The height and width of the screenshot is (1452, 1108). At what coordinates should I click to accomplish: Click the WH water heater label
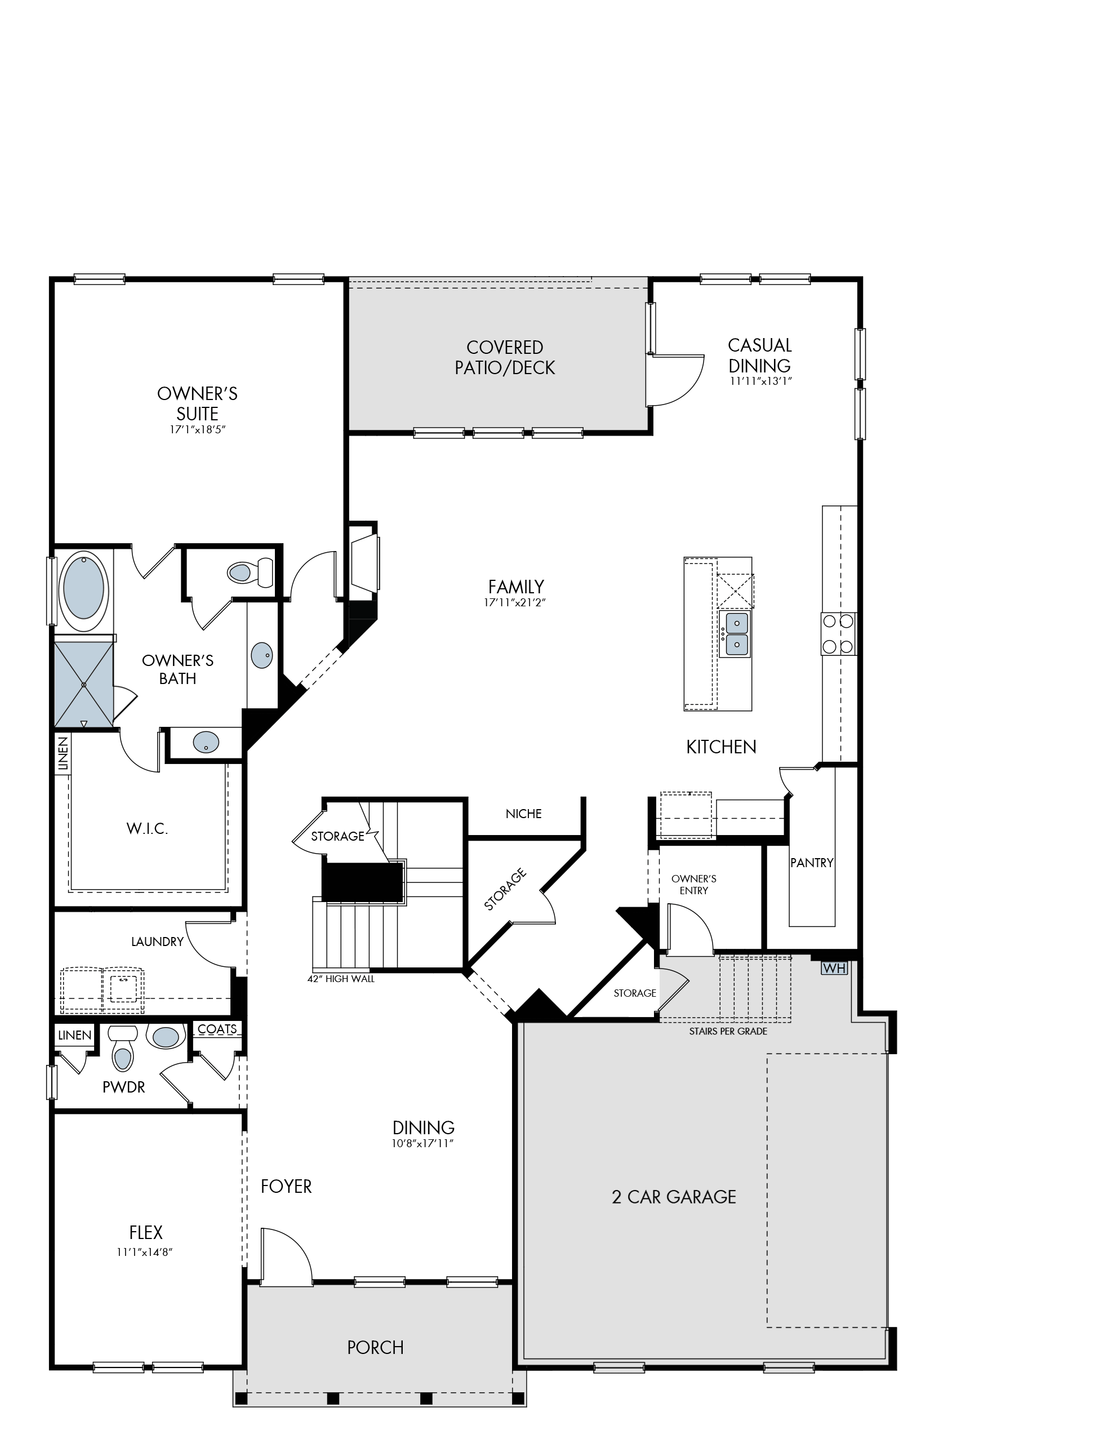click(834, 969)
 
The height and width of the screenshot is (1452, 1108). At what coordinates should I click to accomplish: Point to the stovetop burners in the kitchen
click(838, 634)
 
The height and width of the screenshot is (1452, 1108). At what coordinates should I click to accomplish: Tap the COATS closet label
click(217, 1028)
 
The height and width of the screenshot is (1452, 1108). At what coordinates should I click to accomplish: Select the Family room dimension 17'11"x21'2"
click(515, 602)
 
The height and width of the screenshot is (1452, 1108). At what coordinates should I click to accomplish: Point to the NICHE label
click(524, 814)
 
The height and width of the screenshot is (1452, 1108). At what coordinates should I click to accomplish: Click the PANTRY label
click(812, 862)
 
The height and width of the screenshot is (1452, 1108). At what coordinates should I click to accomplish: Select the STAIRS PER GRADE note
click(728, 1031)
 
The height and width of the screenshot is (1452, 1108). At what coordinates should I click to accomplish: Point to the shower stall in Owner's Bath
click(84, 683)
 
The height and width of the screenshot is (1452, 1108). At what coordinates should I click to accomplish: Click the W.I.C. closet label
click(147, 829)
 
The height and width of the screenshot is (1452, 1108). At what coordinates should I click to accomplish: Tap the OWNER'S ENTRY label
click(694, 885)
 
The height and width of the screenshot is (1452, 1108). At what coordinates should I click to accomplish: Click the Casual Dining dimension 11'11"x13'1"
click(760, 381)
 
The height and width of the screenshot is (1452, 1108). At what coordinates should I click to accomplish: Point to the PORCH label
click(375, 1347)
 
